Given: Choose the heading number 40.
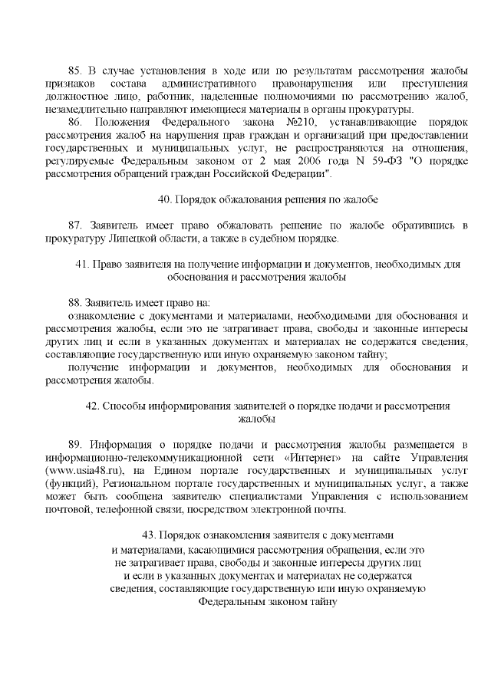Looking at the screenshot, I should [164, 199].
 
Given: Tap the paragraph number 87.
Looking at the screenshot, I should [76, 225].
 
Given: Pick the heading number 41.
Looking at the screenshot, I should [82, 264].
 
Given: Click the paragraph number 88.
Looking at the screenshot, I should [76, 303].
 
